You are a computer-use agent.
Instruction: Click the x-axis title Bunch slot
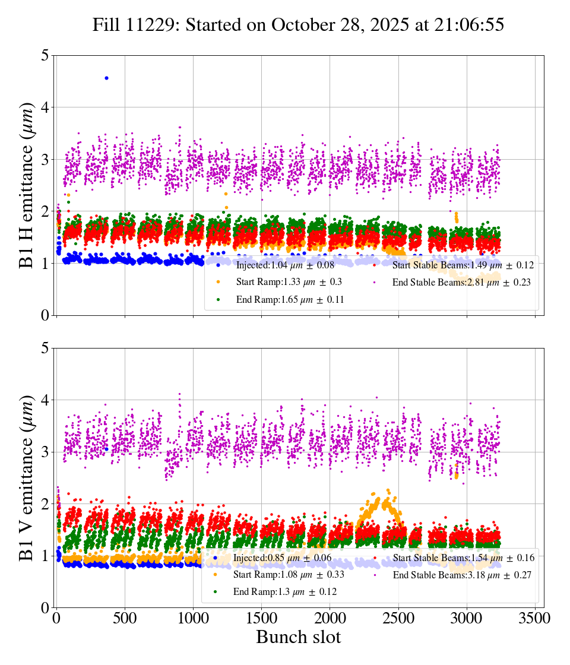tap(298, 637)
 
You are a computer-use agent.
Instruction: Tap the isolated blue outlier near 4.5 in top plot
tap(106, 78)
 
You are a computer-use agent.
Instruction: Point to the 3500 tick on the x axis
tap(535, 618)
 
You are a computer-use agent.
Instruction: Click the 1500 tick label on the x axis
tap(261, 618)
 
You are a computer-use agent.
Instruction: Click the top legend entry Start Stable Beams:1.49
tap(463, 265)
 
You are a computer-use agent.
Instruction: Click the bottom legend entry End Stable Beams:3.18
tap(461, 575)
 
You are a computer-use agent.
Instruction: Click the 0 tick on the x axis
tap(56, 618)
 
